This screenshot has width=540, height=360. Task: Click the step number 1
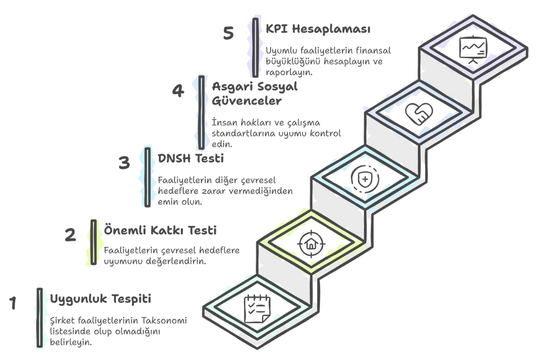13,302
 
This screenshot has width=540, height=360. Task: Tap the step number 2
70,234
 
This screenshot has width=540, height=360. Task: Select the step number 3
124,162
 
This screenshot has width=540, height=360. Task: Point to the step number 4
178,91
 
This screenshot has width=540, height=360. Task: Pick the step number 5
228,33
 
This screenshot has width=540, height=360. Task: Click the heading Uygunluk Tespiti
100,299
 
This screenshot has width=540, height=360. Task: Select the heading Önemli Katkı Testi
160,230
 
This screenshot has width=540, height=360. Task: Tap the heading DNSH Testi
191,158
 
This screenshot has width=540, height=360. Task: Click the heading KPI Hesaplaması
318,29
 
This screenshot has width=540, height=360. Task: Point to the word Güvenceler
247,101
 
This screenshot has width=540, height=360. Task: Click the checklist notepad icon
257,308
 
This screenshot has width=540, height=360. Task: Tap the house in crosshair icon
311,244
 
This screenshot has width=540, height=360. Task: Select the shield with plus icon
365,179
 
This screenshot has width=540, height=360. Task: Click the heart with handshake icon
419,114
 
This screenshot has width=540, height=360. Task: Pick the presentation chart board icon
473,49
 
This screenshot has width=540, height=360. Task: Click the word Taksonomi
164,321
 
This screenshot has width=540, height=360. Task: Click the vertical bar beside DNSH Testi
148,177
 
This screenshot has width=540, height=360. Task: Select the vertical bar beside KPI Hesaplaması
256,48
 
